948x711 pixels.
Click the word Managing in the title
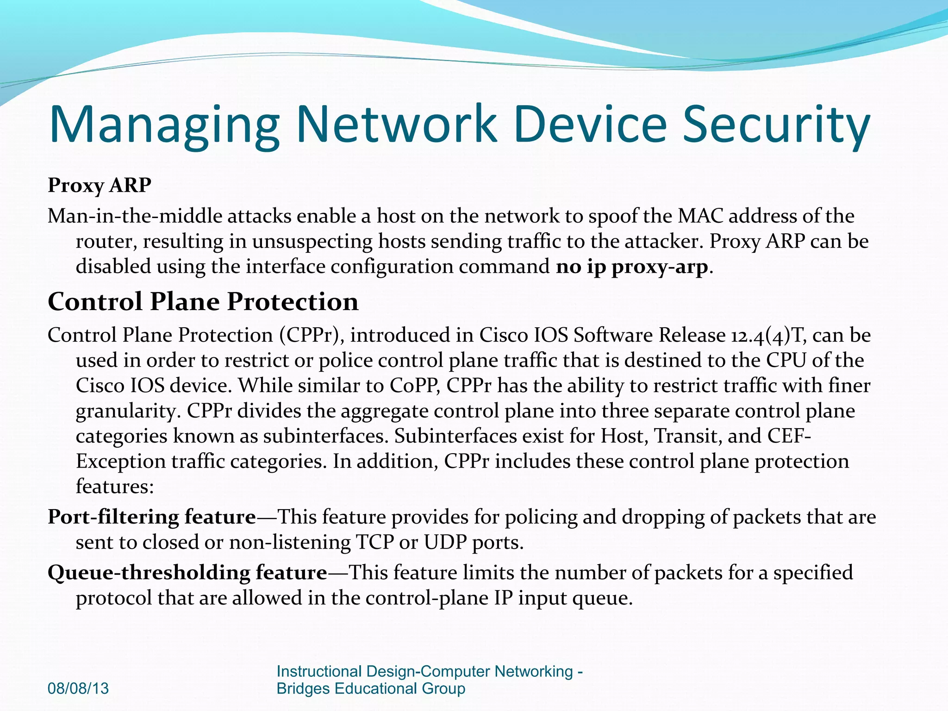pyautogui.click(x=164, y=124)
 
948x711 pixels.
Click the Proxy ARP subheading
pyautogui.click(x=100, y=185)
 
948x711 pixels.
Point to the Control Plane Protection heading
pyautogui.click(x=203, y=302)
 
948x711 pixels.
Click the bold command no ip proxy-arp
pyautogui.click(x=632, y=267)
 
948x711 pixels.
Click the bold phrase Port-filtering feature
pyautogui.click(x=152, y=517)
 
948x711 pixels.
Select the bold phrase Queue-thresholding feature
pyautogui.click(x=187, y=573)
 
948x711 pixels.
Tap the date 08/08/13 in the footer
pyautogui.click(x=78, y=688)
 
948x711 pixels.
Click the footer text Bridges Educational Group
pyautogui.click(x=371, y=688)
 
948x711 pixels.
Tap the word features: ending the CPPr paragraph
pyautogui.click(x=115, y=486)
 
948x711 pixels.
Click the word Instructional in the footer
pyautogui.click(x=319, y=671)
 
